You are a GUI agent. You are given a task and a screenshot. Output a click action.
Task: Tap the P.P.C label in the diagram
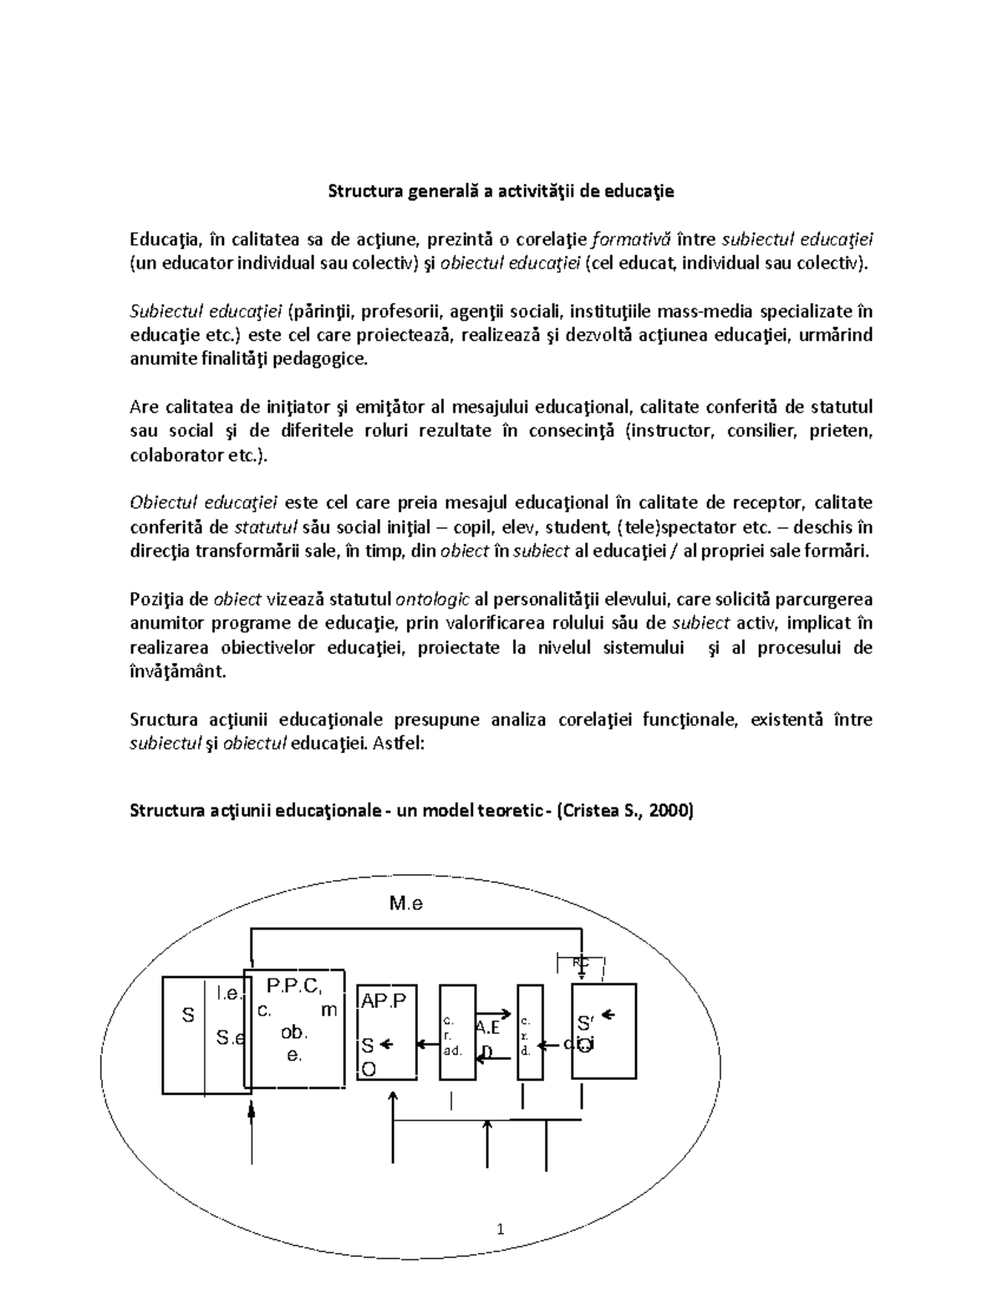pyautogui.click(x=292, y=985)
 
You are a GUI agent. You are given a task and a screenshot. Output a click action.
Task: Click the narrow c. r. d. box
pyautogui.click(x=530, y=1034)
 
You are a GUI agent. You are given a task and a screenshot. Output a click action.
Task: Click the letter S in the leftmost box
pyautogui.click(x=188, y=1015)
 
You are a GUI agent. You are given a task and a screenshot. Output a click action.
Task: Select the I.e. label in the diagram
pyautogui.click(x=228, y=993)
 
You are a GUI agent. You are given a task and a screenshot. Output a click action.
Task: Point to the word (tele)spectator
pyautogui.click(x=672, y=527)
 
